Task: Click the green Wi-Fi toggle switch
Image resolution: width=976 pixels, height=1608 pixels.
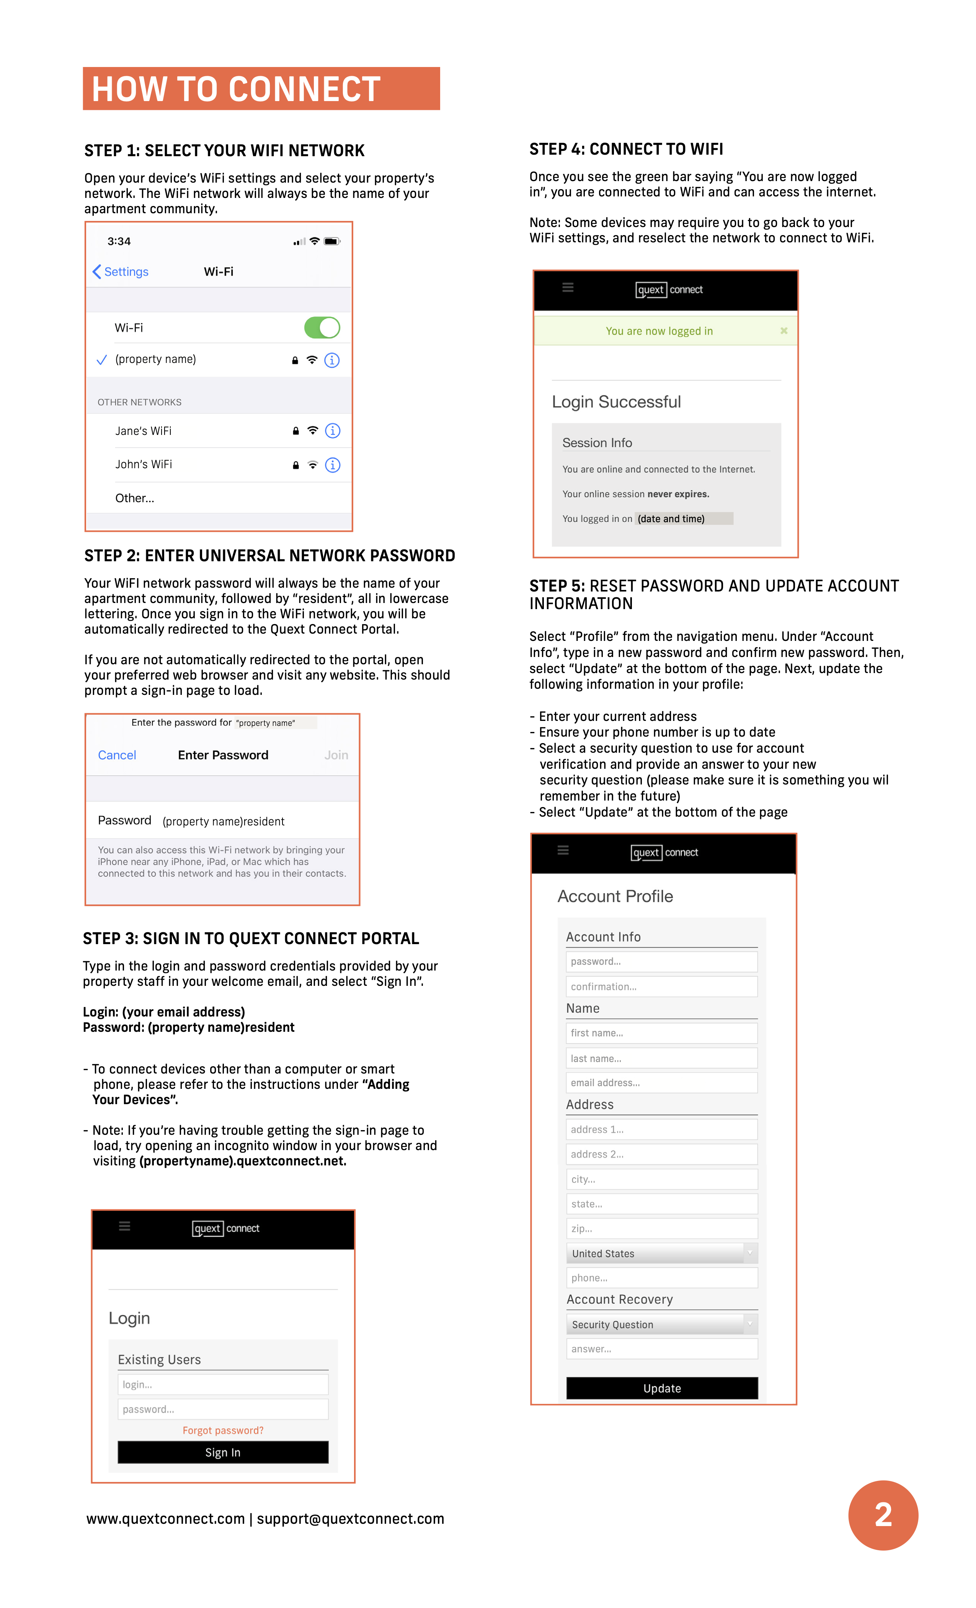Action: [322, 328]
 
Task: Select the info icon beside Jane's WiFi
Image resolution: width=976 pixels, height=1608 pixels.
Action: [333, 431]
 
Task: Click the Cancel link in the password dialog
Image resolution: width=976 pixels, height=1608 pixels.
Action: [117, 755]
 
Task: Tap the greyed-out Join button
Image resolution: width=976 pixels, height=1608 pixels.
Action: [336, 755]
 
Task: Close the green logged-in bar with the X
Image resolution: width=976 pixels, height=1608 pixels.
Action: [783, 331]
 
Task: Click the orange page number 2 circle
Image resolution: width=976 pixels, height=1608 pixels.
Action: [883, 1515]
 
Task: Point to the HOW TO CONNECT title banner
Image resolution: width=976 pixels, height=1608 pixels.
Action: [261, 89]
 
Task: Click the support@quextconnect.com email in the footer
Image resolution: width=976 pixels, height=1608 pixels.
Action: [350, 1518]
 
